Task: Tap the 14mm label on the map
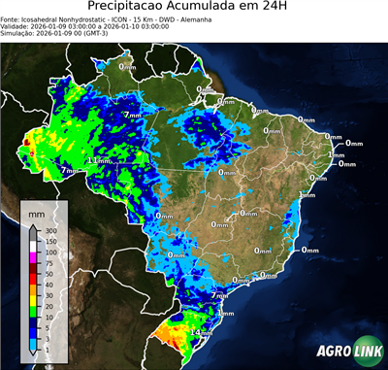pyautogui.click(x=201, y=333)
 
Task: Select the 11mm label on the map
pyautogui.click(x=98, y=160)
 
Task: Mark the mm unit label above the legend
pyautogui.click(x=36, y=212)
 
